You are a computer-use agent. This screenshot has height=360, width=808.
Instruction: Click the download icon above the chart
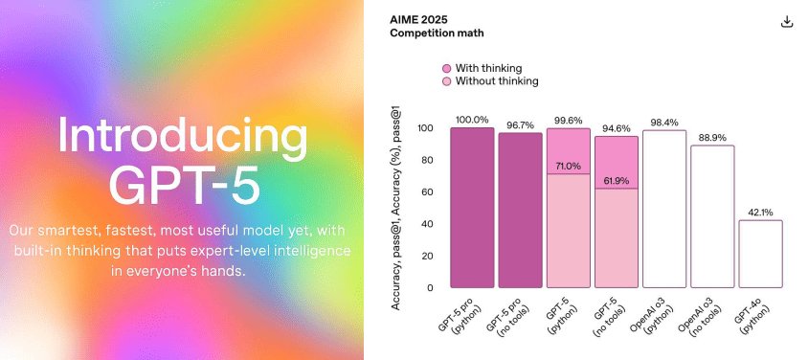pyautogui.click(x=788, y=22)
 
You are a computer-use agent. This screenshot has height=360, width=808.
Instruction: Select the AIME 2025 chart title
pyautogui.click(x=417, y=18)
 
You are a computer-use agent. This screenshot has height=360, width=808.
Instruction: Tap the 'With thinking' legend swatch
pyautogui.click(x=446, y=68)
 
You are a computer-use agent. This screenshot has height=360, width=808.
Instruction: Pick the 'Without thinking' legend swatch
pyautogui.click(x=446, y=81)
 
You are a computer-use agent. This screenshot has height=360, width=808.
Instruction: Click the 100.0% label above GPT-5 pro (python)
pyautogui.click(x=472, y=120)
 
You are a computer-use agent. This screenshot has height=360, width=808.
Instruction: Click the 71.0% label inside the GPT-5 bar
pyautogui.click(x=569, y=167)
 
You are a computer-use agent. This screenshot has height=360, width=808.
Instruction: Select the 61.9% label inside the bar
pyautogui.click(x=617, y=181)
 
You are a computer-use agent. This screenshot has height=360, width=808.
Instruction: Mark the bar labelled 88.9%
pyautogui.click(x=712, y=216)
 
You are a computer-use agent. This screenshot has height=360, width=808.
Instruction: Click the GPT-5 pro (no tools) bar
pyautogui.click(x=520, y=211)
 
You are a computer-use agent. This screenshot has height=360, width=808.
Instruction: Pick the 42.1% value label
pyautogui.click(x=760, y=213)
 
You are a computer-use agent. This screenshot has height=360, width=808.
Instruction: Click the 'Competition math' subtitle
pyautogui.click(x=437, y=34)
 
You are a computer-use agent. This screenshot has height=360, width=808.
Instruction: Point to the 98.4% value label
pyautogui.click(x=664, y=123)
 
